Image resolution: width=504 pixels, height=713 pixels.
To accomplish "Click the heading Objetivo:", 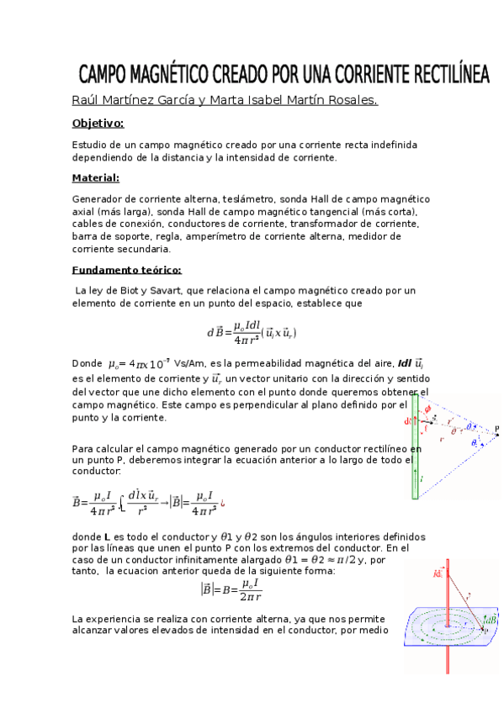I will [98, 124].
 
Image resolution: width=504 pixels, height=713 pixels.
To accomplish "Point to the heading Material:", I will [96, 178].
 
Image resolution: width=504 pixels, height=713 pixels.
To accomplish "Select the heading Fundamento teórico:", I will [127, 270].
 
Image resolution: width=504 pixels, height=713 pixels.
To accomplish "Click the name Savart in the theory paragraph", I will [173, 291].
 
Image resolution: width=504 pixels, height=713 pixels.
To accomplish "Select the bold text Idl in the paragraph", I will [408, 364].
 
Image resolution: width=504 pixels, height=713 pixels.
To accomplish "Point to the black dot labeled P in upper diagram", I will [496, 428].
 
